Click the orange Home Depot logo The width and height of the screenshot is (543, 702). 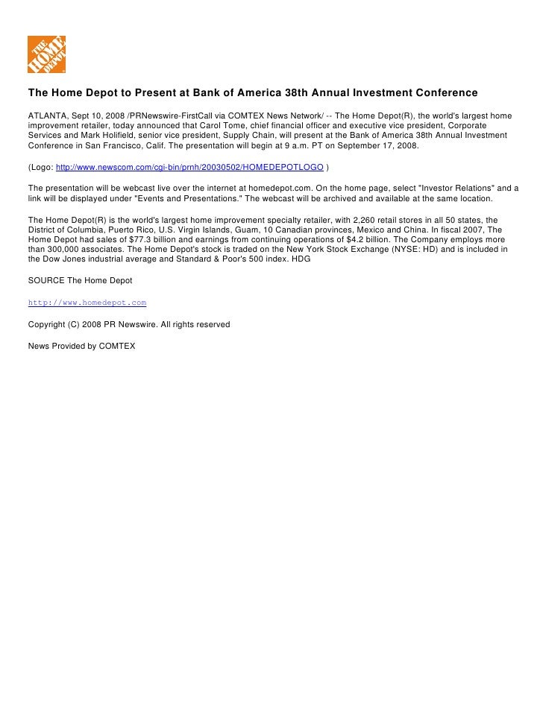tap(46, 54)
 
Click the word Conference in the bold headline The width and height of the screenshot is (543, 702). tap(441, 93)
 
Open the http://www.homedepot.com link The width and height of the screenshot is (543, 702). tap(87, 303)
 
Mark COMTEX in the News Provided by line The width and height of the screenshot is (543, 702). tap(116, 346)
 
